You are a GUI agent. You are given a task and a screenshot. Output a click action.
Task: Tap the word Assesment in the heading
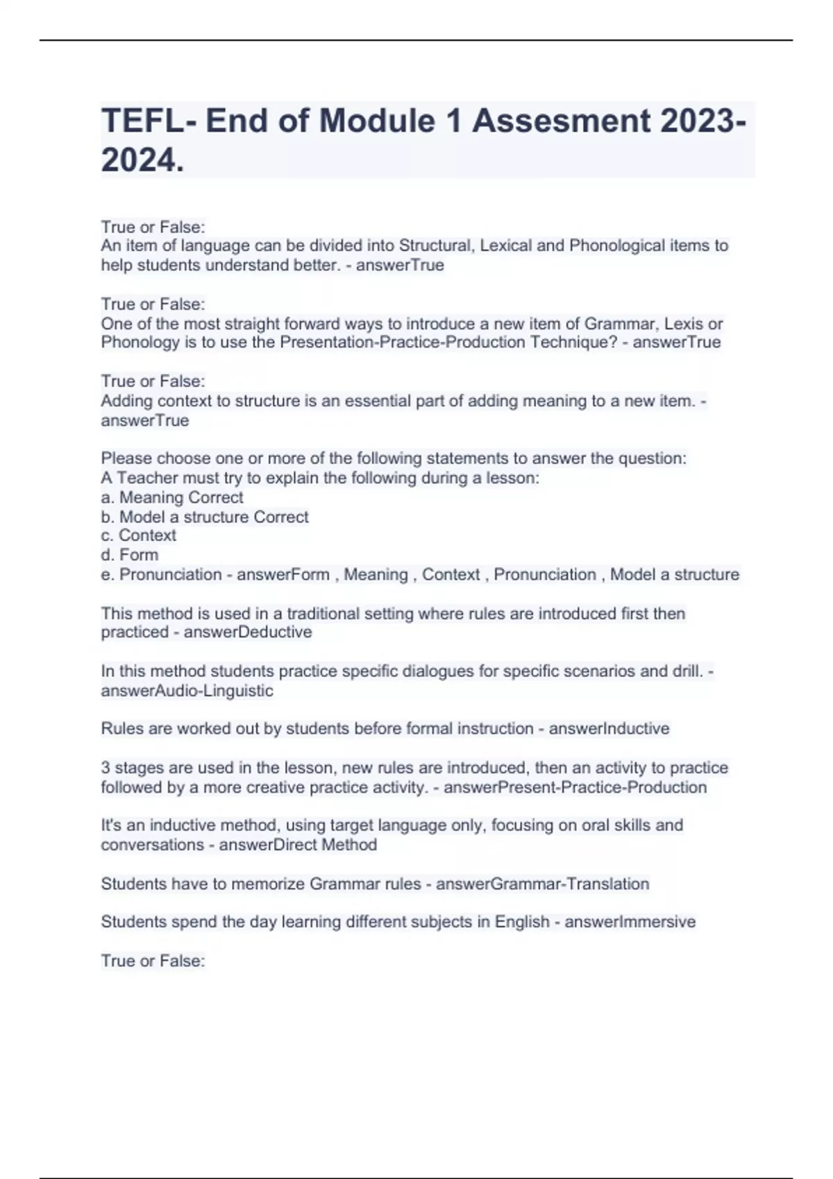(x=562, y=121)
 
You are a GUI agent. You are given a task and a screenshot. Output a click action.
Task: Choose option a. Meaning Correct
(x=172, y=497)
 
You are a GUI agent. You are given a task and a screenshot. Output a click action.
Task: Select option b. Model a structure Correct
(x=205, y=517)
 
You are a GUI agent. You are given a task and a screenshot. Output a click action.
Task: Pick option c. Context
(x=138, y=535)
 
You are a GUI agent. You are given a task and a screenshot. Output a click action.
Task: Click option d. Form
(x=130, y=555)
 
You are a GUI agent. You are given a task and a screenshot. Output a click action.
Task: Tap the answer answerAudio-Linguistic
(x=187, y=691)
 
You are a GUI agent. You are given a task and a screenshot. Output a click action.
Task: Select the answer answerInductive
(x=609, y=729)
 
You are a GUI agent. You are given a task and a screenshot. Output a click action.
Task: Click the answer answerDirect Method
(x=298, y=845)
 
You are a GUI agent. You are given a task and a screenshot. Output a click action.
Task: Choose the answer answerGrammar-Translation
(x=542, y=884)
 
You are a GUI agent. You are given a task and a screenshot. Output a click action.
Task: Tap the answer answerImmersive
(x=630, y=922)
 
